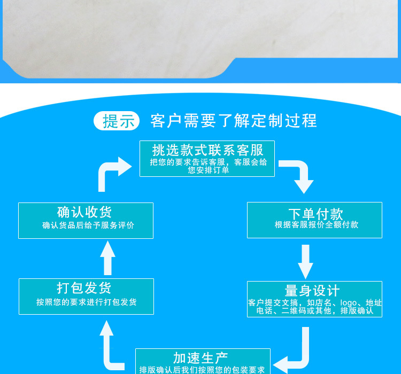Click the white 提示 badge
tap(117, 121)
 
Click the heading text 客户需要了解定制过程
tap(234, 121)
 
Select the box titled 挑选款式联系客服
tap(207, 158)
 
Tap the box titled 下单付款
tap(314, 220)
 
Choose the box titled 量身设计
tap(314, 299)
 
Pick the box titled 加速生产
tap(203, 361)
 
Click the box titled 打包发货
tap(86, 296)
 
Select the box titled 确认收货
tap(86, 220)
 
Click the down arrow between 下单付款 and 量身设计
tap(305, 261)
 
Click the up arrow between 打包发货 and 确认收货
tap(107, 258)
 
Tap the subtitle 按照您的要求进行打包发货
tap(87, 302)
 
